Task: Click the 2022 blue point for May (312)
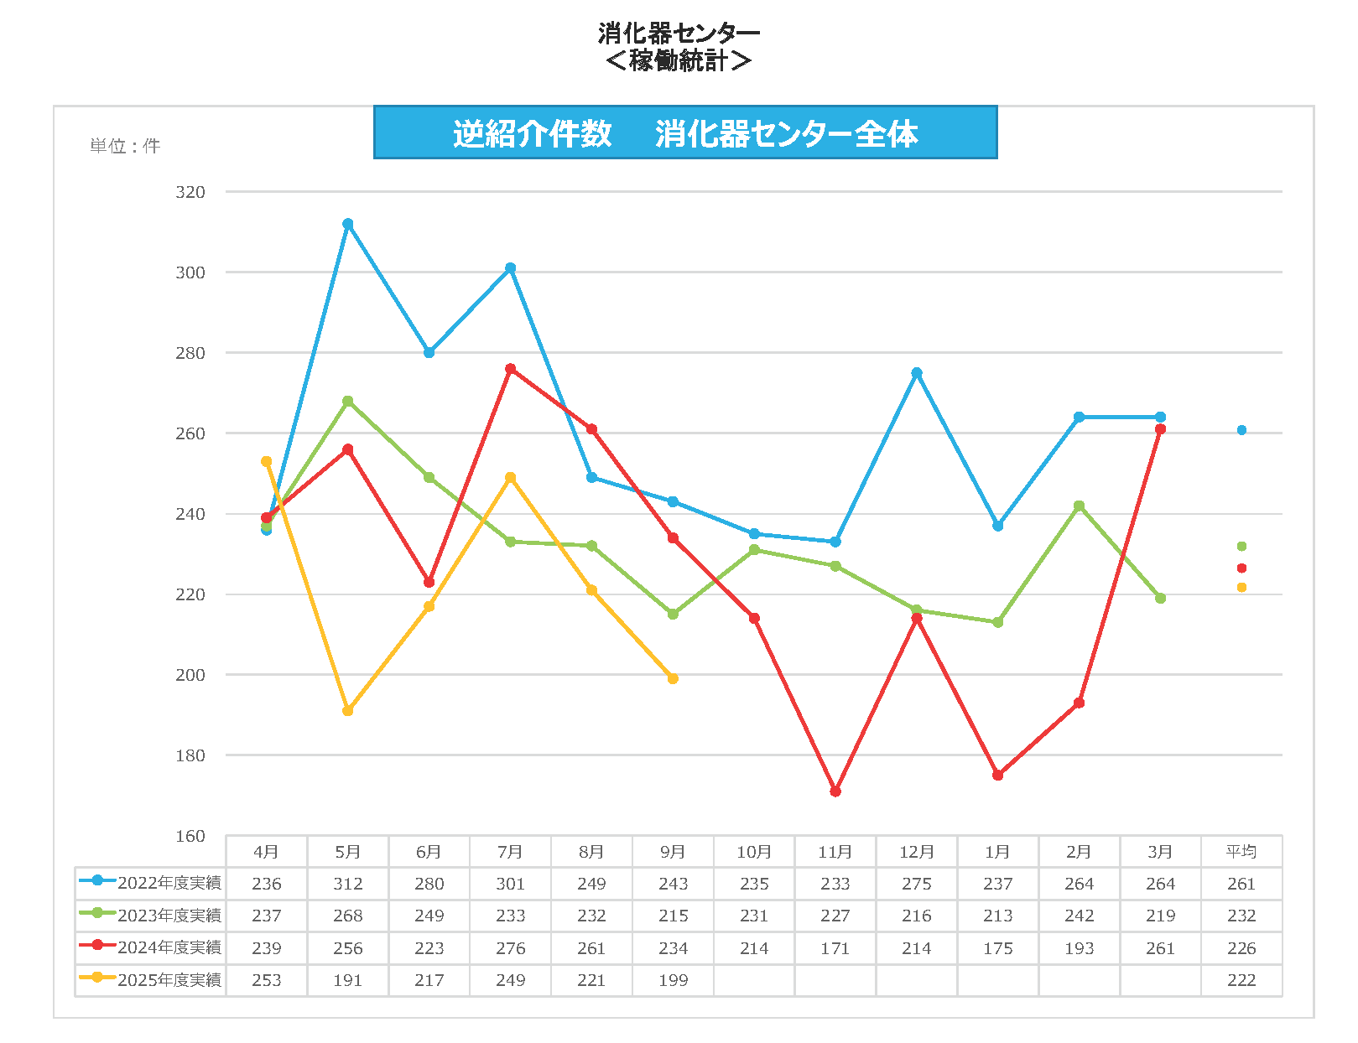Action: [348, 224]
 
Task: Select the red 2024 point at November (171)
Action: [835, 791]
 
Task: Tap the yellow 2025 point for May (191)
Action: [348, 711]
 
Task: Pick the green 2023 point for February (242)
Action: [1080, 506]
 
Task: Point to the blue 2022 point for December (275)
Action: [917, 373]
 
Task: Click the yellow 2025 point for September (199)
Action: [673, 679]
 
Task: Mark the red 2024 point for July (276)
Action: [511, 369]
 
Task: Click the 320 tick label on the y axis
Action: [190, 192]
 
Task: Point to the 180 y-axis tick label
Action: [190, 755]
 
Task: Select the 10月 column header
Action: [754, 852]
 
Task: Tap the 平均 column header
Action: [1241, 852]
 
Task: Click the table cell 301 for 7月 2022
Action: [511, 884]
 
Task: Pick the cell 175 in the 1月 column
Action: [998, 948]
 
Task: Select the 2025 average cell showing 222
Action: [1241, 980]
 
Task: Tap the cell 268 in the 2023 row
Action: [348, 916]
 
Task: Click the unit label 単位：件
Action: [125, 146]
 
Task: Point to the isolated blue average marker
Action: [1241, 430]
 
